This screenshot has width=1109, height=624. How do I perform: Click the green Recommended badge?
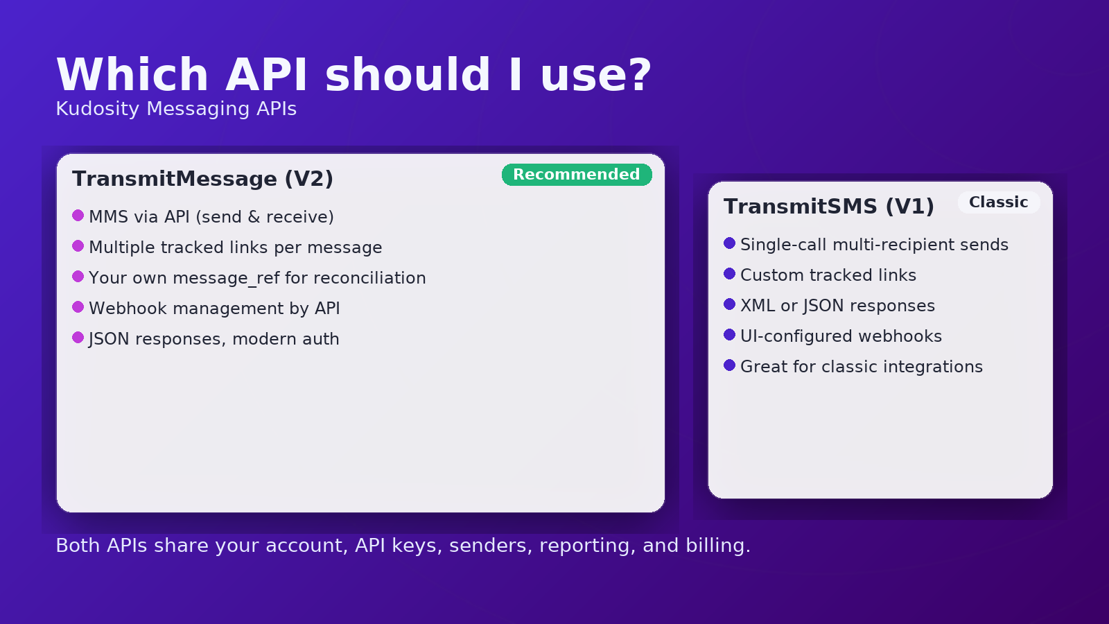click(577, 175)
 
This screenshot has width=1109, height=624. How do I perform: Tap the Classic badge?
click(999, 202)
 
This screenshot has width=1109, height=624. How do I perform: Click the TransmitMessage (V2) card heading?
click(202, 179)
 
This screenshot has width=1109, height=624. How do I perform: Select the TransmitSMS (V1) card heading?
click(829, 207)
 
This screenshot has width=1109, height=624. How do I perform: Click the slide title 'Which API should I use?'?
click(354, 75)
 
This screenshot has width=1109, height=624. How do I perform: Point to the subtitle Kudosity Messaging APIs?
click(176, 109)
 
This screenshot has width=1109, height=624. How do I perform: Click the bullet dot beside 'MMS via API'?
click(78, 216)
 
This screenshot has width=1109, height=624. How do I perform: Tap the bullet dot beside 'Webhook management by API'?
click(78, 307)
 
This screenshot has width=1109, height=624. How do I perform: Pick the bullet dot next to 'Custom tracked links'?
click(729, 274)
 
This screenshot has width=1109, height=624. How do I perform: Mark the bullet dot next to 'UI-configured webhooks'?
click(729, 335)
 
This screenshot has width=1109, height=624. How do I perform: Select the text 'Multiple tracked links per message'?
click(236, 248)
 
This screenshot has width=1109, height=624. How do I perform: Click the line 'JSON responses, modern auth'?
click(214, 339)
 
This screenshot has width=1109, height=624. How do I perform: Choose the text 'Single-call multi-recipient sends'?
click(874, 245)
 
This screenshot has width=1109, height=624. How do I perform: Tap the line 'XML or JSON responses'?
click(838, 306)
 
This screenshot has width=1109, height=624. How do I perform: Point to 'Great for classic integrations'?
click(862, 367)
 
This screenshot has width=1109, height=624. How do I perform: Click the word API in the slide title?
click(267, 75)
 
